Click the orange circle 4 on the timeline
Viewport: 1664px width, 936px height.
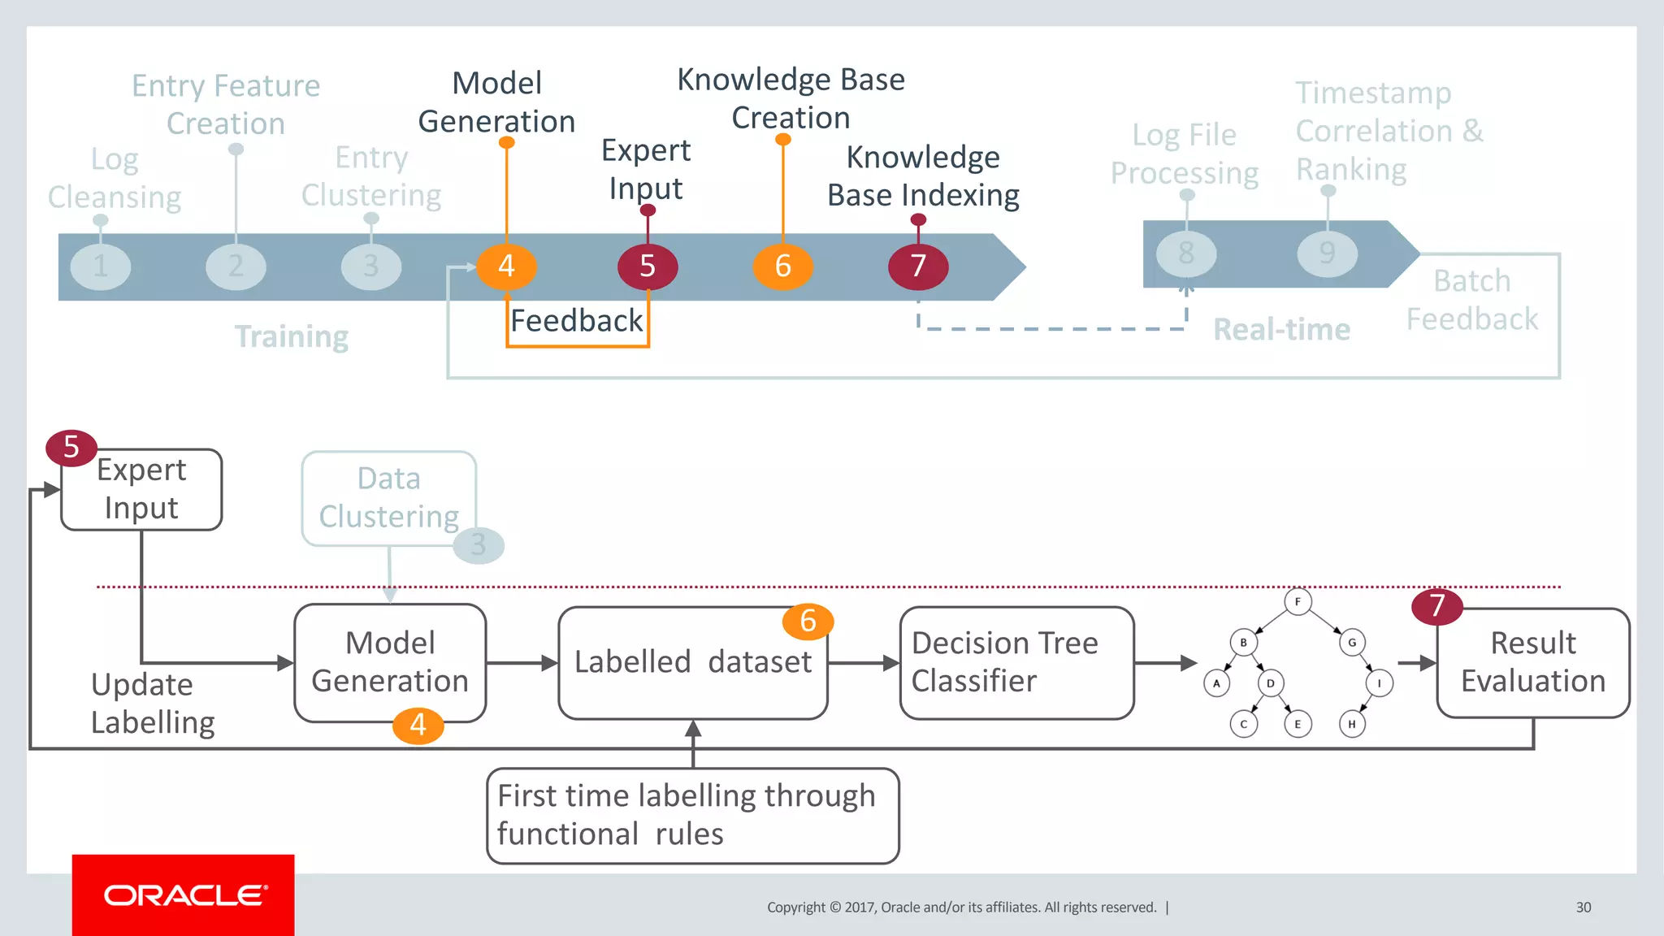point(506,266)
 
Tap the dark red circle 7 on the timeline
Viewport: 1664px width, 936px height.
point(918,266)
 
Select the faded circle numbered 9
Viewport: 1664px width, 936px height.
point(1328,253)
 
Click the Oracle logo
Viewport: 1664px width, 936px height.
point(184,895)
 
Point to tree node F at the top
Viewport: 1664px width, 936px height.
point(1298,602)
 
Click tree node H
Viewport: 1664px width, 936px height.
point(1352,724)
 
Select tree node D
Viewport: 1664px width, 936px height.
point(1270,683)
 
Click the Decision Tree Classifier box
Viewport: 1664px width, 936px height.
point(1016,662)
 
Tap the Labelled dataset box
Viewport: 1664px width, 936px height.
point(692,662)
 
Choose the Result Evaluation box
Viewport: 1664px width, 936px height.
point(1532,662)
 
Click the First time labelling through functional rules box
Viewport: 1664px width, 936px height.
point(692,815)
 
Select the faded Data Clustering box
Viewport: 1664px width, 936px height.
point(388,497)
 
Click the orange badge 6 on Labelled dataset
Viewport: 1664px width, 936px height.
point(808,622)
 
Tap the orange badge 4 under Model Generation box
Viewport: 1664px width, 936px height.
point(418,725)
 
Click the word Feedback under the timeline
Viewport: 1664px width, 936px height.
point(576,321)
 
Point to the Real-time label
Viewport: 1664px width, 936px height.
point(1281,330)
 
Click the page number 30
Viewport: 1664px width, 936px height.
point(1583,908)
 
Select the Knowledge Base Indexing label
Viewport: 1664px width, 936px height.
point(923,176)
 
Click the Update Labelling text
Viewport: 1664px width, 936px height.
point(152,703)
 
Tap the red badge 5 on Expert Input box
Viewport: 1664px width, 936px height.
point(71,447)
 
